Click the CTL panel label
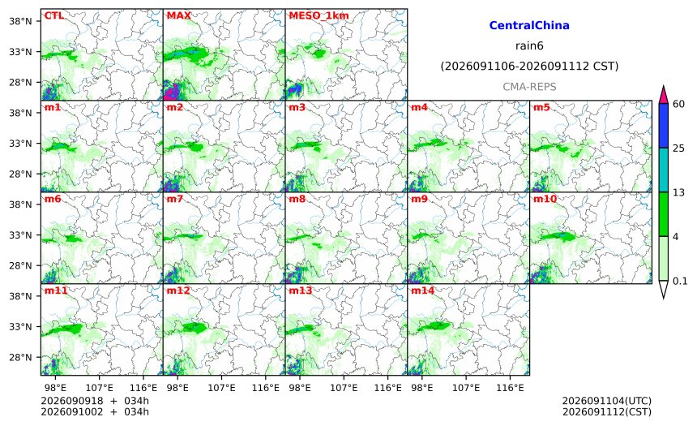[x=53, y=15]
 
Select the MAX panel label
[x=178, y=15]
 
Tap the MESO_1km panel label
[x=319, y=15]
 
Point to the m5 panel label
[x=541, y=107]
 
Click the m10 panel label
[x=545, y=199]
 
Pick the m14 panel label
[x=423, y=290]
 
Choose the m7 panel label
[x=175, y=199]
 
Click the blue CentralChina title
[x=529, y=25]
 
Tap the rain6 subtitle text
[x=529, y=46]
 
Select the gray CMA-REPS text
[x=529, y=87]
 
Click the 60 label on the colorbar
[x=678, y=104]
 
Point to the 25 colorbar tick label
[x=678, y=148]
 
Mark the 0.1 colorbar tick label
[x=680, y=281]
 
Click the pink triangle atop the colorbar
[x=663, y=96]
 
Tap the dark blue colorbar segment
[x=663, y=126]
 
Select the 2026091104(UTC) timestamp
[x=607, y=401]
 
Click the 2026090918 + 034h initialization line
[x=95, y=401]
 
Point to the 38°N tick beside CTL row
[x=20, y=21]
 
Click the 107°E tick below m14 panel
[x=466, y=388]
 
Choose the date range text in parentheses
[x=529, y=67]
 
